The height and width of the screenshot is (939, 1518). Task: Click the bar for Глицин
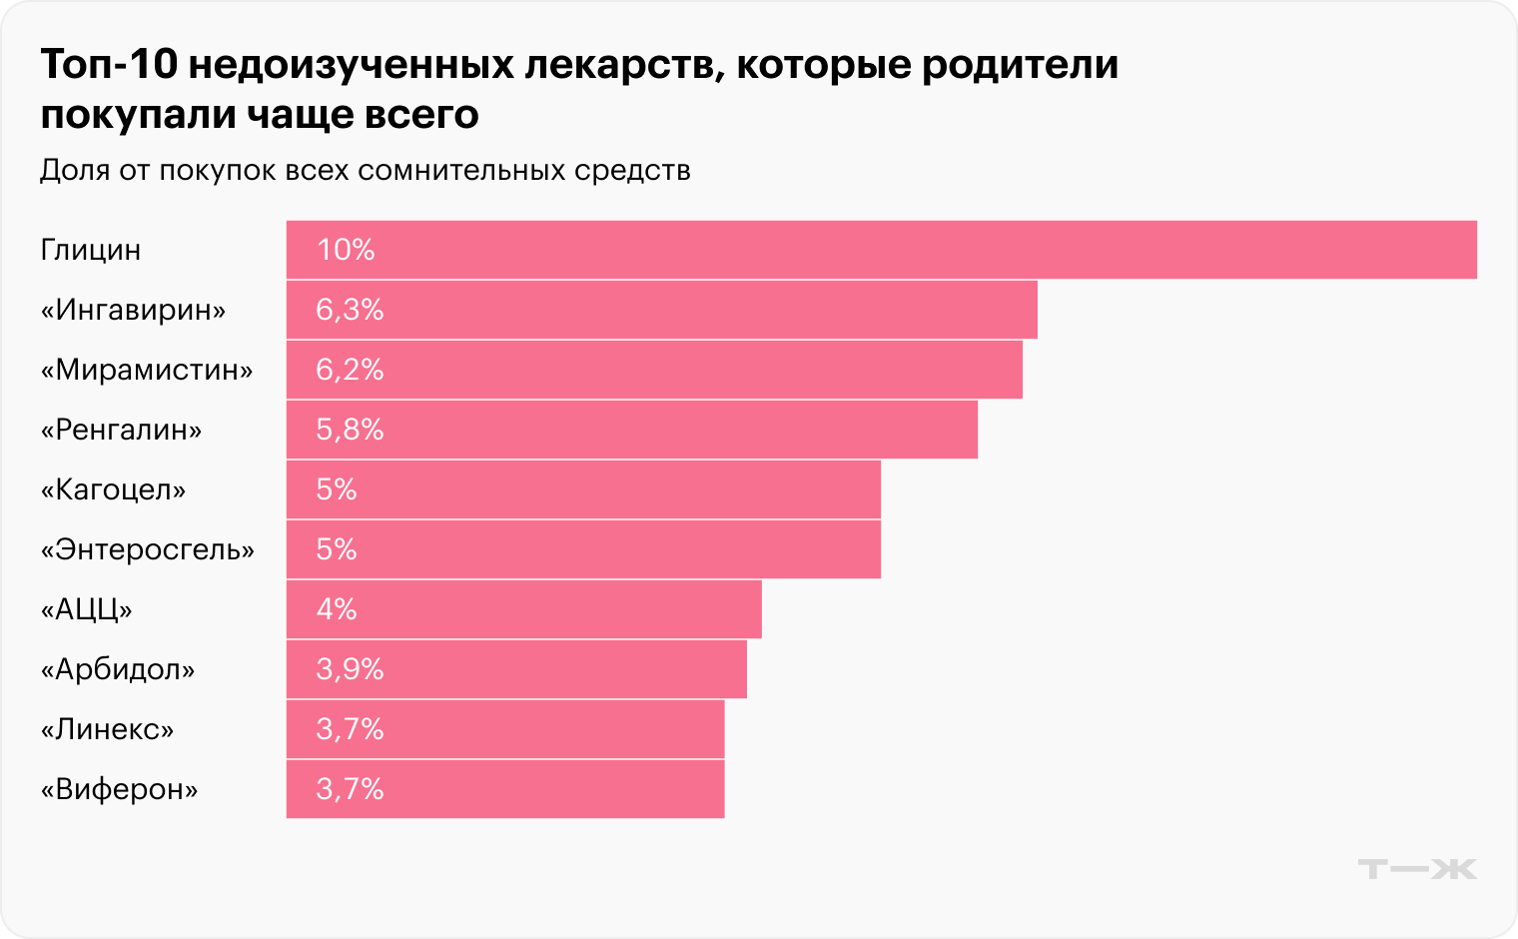pyautogui.click(x=881, y=250)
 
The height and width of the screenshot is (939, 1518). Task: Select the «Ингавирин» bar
pyautogui.click(x=661, y=310)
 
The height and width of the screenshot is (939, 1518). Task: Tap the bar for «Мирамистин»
pyautogui.click(x=654, y=370)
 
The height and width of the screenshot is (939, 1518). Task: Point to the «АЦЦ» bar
pyautogui.click(x=523, y=609)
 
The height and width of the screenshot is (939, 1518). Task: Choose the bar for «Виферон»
pyautogui.click(x=505, y=789)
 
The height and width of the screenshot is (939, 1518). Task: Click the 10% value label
pyautogui.click(x=346, y=250)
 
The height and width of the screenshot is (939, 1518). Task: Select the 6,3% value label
pyautogui.click(x=350, y=310)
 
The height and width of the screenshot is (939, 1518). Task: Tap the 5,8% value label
pyautogui.click(x=350, y=430)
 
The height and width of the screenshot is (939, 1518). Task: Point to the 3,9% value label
pyautogui.click(x=350, y=669)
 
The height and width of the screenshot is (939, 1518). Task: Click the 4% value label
pyautogui.click(x=337, y=609)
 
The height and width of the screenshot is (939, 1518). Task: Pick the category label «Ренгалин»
pyautogui.click(x=121, y=430)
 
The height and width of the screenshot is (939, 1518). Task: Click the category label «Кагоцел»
pyautogui.click(x=113, y=489)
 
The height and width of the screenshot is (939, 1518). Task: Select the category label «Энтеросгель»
pyautogui.click(x=147, y=549)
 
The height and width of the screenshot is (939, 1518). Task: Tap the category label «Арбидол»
pyautogui.click(x=118, y=669)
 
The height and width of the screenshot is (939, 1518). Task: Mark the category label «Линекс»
pyautogui.click(x=107, y=729)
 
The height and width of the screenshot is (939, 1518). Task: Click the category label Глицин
pyautogui.click(x=91, y=250)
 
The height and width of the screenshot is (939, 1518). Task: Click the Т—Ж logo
pyautogui.click(x=1416, y=869)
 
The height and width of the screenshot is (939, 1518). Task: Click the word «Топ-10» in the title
pyautogui.click(x=109, y=65)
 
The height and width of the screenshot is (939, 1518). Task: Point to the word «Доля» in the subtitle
pyautogui.click(x=75, y=171)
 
